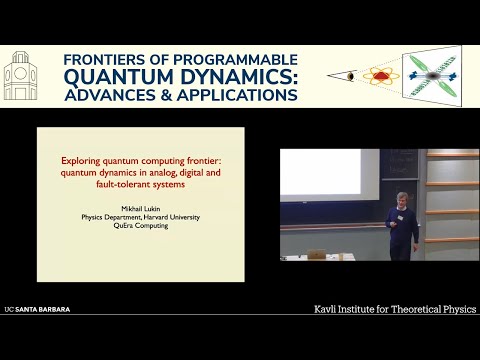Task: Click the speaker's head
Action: pos(402,201)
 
